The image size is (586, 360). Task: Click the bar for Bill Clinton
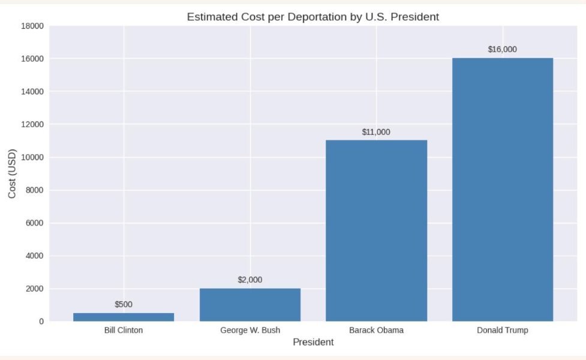(x=124, y=317)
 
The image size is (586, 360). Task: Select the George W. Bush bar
(x=250, y=305)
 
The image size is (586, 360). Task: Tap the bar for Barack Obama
(x=376, y=231)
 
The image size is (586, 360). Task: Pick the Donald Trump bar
(x=503, y=190)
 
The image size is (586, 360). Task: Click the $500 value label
(x=124, y=304)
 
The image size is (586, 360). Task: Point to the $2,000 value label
(x=250, y=280)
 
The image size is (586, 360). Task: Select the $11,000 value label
(x=376, y=132)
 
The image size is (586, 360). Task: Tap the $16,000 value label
(x=503, y=50)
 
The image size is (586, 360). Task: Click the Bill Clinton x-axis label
(x=124, y=331)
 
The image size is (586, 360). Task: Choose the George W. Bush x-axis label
(x=250, y=331)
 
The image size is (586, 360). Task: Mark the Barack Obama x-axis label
(x=376, y=331)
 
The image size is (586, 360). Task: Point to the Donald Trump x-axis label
(x=503, y=331)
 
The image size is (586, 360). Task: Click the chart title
(x=313, y=17)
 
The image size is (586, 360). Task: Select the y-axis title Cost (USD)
(x=13, y=173)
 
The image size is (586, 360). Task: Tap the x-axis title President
(x=313, y=343)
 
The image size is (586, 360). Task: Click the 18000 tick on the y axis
(x=32, y=26)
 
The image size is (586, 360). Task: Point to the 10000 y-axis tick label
(x=32, y=157)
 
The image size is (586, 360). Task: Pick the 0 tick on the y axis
(x=41, y=322)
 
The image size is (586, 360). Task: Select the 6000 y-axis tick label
(x=34, y=223)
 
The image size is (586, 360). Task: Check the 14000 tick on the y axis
(x=32, y=92)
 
